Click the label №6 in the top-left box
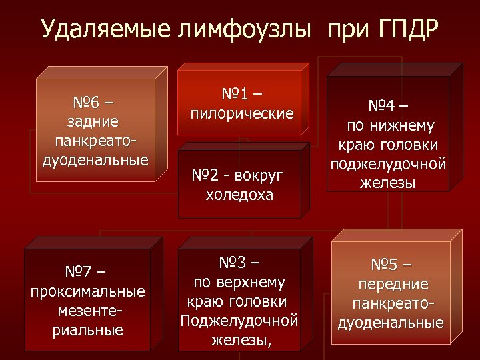tap(87, 103)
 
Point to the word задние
tap(94, 122)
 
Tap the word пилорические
tap(242, 113)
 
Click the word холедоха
tap(239, 195)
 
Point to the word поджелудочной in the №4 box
tap(388, 164)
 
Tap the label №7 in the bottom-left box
tap(79, 273)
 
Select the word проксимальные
tap(88, 292)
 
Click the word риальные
tap(88, 330)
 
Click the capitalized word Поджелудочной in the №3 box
tap(239, 321)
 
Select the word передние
tap(393, 285)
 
